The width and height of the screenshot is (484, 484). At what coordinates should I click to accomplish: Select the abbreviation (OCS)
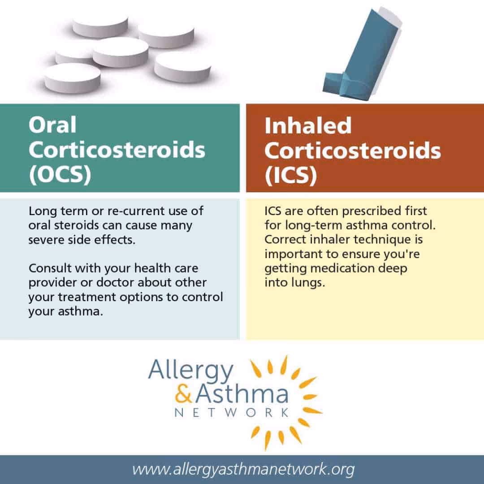pyautogui.click(x=60, y=175)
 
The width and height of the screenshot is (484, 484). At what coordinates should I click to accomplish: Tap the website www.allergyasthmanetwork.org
pyautogui.click(x=243, y=470)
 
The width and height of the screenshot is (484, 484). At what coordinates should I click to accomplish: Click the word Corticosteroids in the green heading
pyautogui.click(x=117, y=150)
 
